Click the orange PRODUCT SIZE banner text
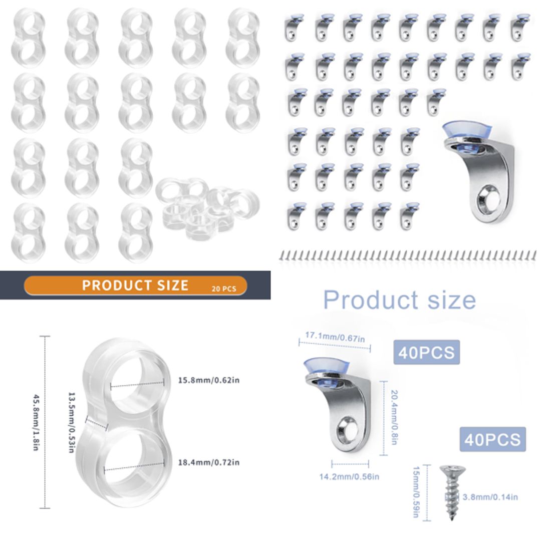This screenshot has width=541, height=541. click(x=135, y=285)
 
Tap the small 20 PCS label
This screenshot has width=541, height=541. click(x=223, y=288)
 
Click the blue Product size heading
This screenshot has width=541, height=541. click(x=399, y=300)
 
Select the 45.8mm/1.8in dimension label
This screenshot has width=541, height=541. click(x=36, y=422)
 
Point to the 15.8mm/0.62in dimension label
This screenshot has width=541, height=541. click(x=209, y=380)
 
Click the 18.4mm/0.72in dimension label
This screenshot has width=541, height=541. click(x=209, y=462)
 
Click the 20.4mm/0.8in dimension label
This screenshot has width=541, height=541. click(x=394, y=418)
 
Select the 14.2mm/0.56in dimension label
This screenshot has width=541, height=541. click(x=349, y=476)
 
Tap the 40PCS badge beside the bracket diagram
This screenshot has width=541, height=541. click(x=426, y=352)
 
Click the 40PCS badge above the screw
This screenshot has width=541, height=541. click(x=492, y=439)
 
